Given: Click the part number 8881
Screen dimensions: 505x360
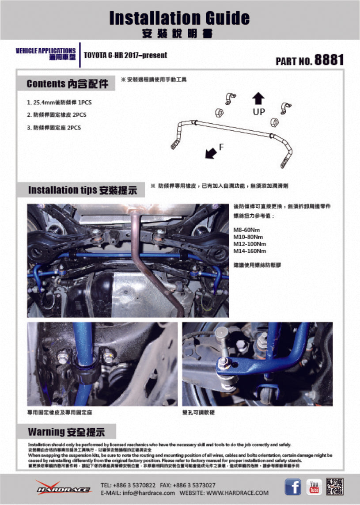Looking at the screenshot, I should tap(329, 60).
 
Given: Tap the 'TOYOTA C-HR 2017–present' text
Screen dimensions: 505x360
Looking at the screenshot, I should tap(125, 55).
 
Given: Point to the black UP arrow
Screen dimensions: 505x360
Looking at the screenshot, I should tap(259, 98).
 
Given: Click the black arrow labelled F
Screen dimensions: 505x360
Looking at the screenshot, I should tap(211, 152).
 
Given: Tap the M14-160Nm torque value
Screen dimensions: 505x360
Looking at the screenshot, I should tap(250, 251).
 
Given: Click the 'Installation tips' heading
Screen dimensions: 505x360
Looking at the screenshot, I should tap(82, 190).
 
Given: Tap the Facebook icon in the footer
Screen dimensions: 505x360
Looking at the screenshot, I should tap(292, 487).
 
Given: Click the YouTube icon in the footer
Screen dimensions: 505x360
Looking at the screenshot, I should tap(315, 487).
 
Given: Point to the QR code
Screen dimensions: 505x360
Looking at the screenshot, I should tap(335, 486).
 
